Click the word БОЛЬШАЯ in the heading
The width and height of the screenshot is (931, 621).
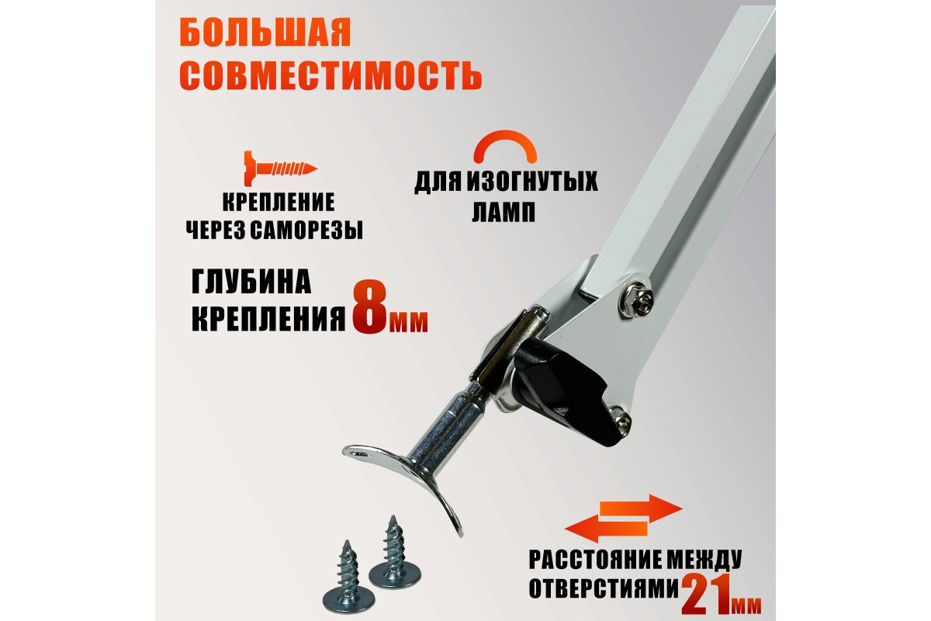point(265,33)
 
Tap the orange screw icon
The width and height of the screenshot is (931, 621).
point(281,168)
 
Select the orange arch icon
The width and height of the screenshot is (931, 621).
point(505,146)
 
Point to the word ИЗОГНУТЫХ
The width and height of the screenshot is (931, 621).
point(531,182)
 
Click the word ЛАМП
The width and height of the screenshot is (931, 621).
point(504,212)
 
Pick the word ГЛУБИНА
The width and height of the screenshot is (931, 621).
point(251,282)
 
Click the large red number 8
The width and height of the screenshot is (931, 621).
point(370,307)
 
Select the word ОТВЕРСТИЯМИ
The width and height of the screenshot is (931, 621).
point(604,589)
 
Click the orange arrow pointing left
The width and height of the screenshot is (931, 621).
point(606,529)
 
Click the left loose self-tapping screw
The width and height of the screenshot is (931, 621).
point(348,578)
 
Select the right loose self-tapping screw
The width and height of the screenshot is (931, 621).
point(394,553)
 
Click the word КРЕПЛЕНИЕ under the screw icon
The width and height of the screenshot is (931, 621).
point(279,203)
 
